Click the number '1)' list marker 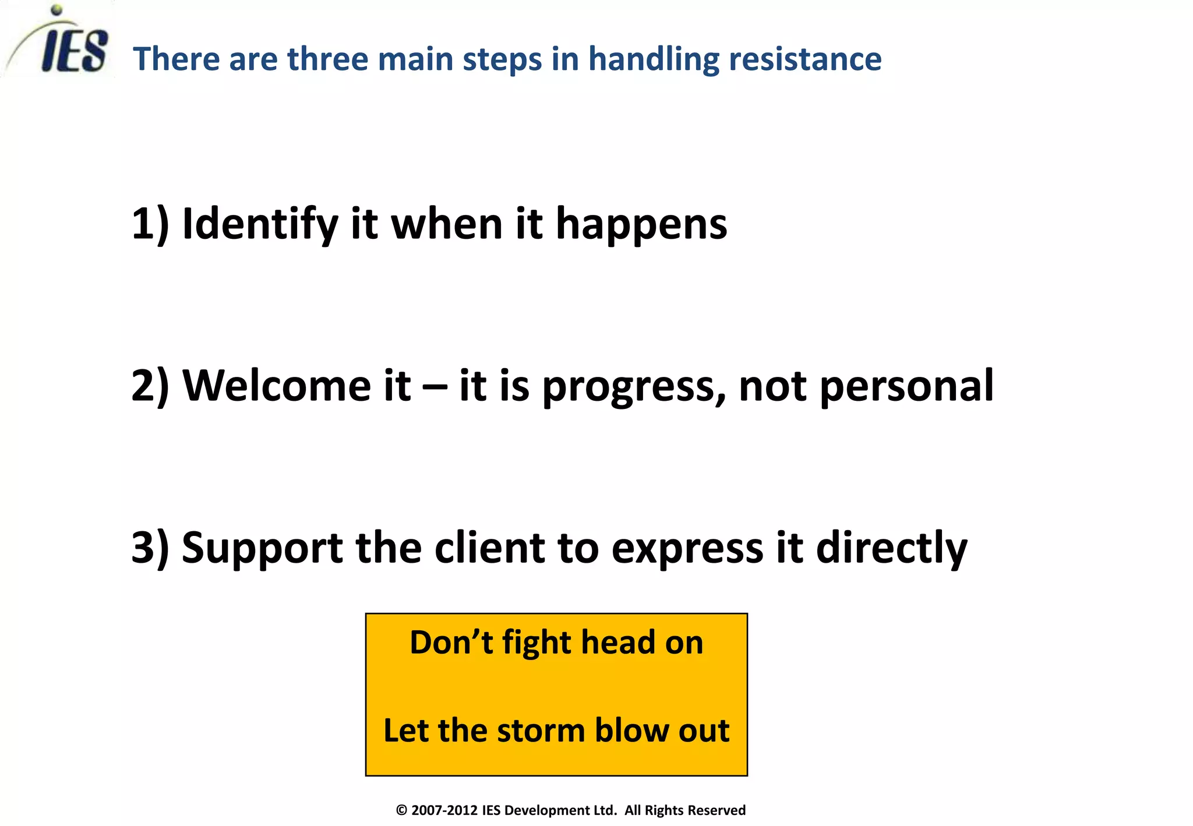pos(150,224)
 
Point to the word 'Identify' pos(260,225)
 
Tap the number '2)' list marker pos(150,386)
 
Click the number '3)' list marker pos(150,548)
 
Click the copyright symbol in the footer pos(401,810)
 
